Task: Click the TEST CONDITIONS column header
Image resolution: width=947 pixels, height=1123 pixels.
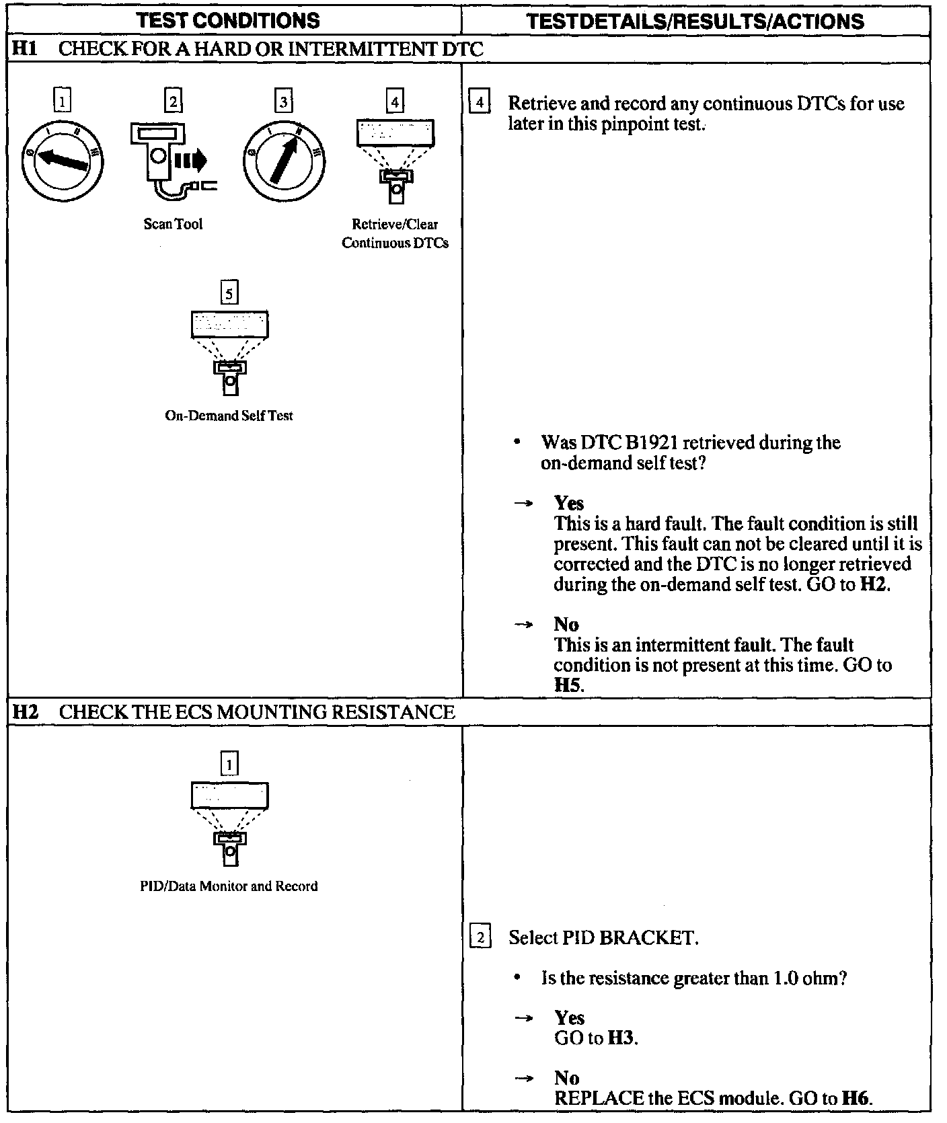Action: pos(228,21)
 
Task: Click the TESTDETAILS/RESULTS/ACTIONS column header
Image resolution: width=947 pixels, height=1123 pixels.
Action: pos(695,21)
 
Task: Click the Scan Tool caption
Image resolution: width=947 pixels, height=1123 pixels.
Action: pos(173,224)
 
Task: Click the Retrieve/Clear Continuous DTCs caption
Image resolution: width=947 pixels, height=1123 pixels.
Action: pos(395,233)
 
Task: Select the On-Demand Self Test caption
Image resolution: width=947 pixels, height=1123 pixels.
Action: pos(229,416)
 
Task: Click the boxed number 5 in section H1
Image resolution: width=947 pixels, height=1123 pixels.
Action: pos(229,293)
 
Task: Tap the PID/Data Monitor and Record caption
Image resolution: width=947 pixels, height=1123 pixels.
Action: pos(229,886)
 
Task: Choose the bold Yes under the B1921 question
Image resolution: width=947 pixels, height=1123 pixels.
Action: pos(569,503)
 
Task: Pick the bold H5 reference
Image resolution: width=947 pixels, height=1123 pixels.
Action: pos(567,685)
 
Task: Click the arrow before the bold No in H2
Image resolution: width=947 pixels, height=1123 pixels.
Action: pos(523,1078)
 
